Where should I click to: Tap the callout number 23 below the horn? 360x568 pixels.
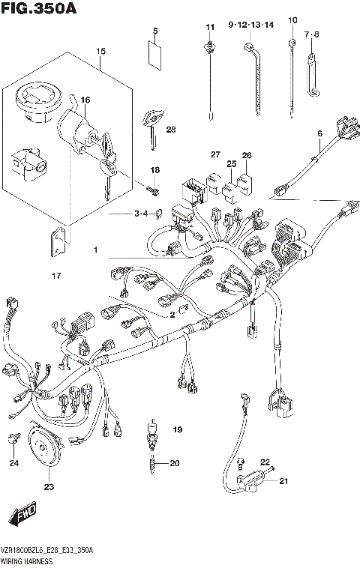[49, 487]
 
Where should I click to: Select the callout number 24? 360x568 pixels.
[13, 463]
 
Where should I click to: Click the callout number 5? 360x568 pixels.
[156, 31]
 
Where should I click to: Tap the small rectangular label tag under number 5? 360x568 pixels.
[156, 55]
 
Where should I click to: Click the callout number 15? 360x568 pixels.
[100, 51]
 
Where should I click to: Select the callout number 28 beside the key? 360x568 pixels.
[171, 130]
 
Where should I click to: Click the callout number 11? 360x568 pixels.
[209, 27]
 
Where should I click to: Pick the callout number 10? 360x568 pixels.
[292, 20]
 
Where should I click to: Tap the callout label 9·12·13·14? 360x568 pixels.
[251, 25]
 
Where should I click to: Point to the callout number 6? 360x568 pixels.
[319, 134]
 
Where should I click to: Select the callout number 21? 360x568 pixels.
[283, 481]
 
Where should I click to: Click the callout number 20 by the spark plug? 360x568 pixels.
[175, 463]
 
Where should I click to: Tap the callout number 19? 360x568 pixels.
[178, 429]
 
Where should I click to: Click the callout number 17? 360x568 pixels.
[55, 277]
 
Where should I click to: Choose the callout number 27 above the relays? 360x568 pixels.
[215, 155]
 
